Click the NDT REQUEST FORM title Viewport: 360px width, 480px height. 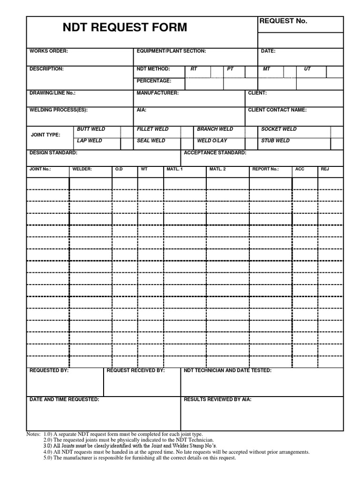[x=125, y=28]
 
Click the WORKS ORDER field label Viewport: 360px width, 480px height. [x=49, y=51]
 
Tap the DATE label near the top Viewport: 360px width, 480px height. [x=268, y=51]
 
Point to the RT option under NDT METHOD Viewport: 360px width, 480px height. [x=194, y=69]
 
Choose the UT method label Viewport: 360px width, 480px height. [x=307, y=69]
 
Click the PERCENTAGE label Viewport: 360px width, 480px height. [x=154, y=81]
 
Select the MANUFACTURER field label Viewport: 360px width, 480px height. [x=157, y=93]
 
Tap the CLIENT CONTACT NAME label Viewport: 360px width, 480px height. [x=277, y=110]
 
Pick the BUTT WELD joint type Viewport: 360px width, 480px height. [x=91, y=129]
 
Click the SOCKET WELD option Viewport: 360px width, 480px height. [x=279, y=129]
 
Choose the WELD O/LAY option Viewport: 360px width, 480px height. [x=212, y=141]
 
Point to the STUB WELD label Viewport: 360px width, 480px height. [x=275, y=141]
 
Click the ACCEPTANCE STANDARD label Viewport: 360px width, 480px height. [x=215, y=153]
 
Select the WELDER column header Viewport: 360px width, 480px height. [x=82, y=169]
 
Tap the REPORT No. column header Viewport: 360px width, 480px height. [x=265, y=169]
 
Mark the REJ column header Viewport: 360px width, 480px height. [x=325, y=169]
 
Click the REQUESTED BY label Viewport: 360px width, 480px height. [x=49, y=370]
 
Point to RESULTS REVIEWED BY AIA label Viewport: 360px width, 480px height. [x=217, y=399]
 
